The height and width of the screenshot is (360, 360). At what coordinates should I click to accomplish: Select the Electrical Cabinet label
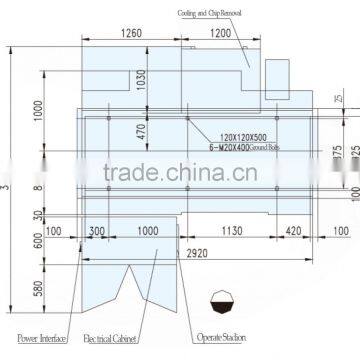(x=111, y=339)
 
